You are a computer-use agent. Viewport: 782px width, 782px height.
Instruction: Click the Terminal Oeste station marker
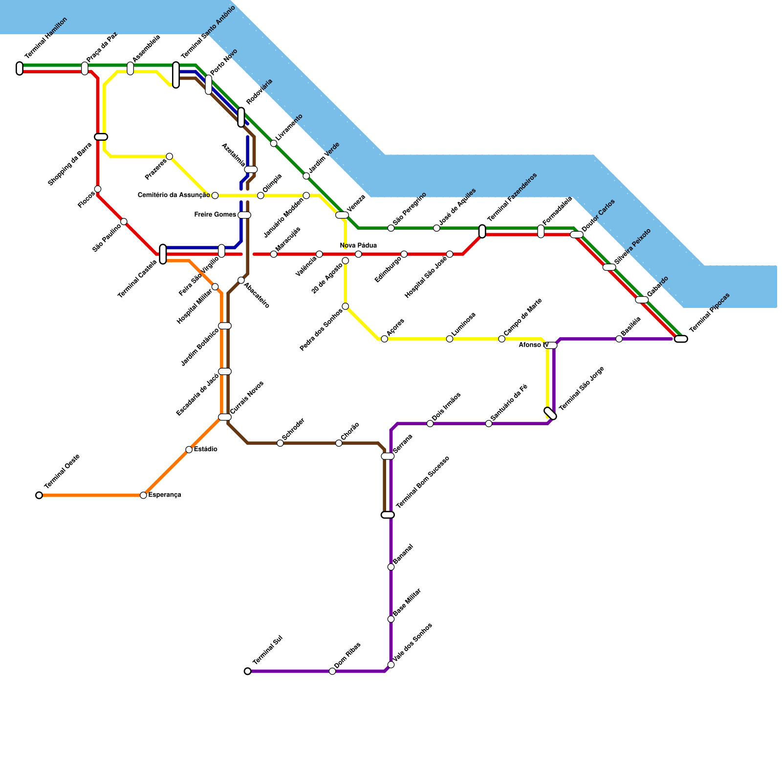(39, 495)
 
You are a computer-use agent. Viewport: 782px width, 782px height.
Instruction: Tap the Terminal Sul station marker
(247, 671)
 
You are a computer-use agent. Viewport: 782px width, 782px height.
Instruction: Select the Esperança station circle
(143, 495)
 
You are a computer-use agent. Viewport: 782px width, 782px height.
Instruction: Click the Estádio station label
(205, 449)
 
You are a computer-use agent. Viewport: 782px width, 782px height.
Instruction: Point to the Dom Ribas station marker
(332, 671)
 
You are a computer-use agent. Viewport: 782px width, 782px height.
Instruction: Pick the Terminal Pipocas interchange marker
(681, 339)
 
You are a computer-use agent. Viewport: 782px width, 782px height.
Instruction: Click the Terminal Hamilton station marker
(20, 68)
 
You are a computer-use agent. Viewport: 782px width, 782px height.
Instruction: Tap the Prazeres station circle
(169, 156)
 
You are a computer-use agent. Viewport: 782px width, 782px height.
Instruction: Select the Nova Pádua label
(358, 245)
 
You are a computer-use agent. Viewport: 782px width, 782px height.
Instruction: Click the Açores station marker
(384, 339)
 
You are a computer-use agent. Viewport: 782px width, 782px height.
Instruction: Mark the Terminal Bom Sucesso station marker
(388, 515)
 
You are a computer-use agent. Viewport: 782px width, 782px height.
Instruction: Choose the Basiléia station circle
(619, 339)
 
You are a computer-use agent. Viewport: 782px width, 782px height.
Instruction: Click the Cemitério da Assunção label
(174, 195)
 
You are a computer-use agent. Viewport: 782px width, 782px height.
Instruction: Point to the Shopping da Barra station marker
(101, 137)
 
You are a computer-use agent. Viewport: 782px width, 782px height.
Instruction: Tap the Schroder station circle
(280, 443)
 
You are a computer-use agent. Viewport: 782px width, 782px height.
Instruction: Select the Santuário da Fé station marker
(489, 423)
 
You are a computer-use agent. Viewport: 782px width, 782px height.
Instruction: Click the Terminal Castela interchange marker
(163, 254)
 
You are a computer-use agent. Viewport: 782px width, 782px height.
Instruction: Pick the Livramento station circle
(274, 143)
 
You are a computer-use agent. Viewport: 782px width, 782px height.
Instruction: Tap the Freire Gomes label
(215, 215)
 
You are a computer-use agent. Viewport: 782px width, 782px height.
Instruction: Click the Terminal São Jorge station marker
(550, 413)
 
